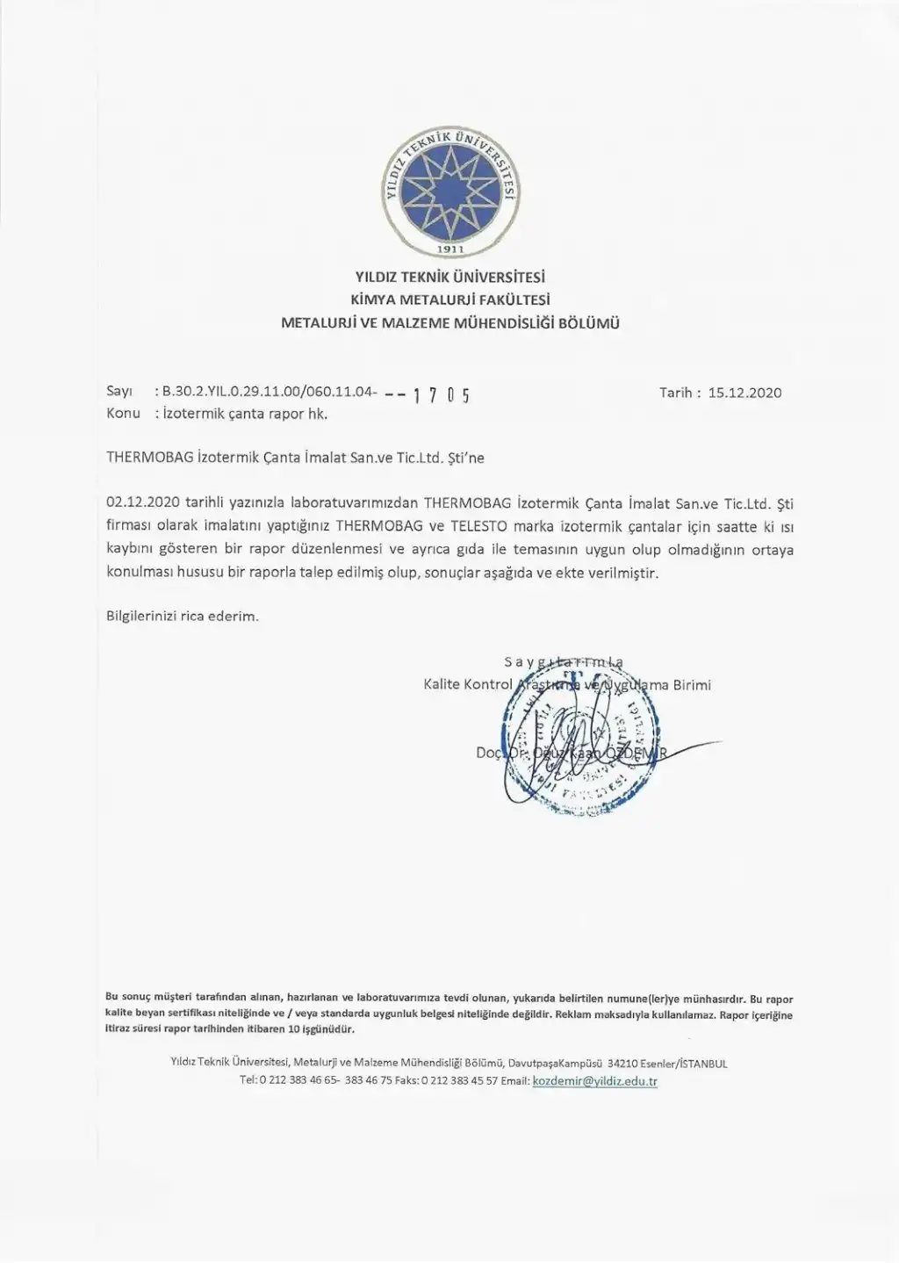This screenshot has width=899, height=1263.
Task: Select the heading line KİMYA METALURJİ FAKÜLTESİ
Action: (450, 300)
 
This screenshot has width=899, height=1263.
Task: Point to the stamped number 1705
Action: (441, 395)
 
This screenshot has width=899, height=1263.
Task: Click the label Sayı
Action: (119, 392)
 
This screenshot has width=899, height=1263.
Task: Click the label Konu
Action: (123, 413)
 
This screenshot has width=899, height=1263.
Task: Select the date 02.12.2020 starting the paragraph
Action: (142, 503)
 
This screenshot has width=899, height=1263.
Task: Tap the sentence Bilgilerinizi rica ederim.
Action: (183, 616)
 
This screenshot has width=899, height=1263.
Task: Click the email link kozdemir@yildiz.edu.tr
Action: (594, 1081)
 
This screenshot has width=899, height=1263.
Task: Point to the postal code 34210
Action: (623, 1064)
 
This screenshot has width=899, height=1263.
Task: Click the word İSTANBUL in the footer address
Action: (703, 1064)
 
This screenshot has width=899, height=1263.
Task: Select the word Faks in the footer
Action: (406, 1081)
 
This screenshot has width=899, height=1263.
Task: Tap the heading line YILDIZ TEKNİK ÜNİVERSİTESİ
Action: (450, 277)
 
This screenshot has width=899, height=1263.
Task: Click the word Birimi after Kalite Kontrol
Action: (692, 684)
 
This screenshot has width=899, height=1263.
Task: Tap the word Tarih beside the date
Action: (677, 393)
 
